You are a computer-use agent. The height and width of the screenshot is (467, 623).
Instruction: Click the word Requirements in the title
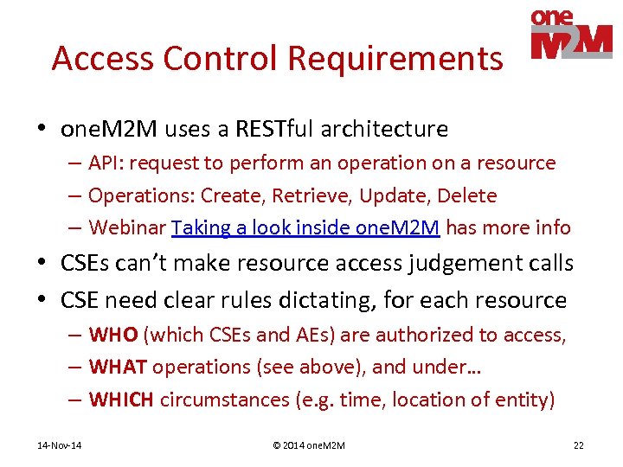pyautogui.click(x=395, y=59)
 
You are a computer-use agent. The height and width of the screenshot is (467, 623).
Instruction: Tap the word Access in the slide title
pyautogui.click(x=103, y=59)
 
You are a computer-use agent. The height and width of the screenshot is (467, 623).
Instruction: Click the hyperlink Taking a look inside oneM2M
pyautogui.click(x=306, y=227)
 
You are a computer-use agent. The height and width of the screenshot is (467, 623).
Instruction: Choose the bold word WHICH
pyautogui.click(x=122, y=400)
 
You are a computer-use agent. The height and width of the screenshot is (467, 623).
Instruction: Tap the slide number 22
pyautogui.click(x=578, y=445)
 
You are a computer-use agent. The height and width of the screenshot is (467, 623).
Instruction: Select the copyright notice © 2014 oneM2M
pyautogui.click(x=309, y=445)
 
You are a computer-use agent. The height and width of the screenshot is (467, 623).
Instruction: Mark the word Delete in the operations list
pyautogui.click(x=468, y=195)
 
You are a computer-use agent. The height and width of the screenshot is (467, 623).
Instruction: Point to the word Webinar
pyautogui.click(x=127, y=227)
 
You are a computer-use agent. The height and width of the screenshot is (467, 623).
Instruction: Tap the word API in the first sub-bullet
pyautogui.click(x=105, y=163)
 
